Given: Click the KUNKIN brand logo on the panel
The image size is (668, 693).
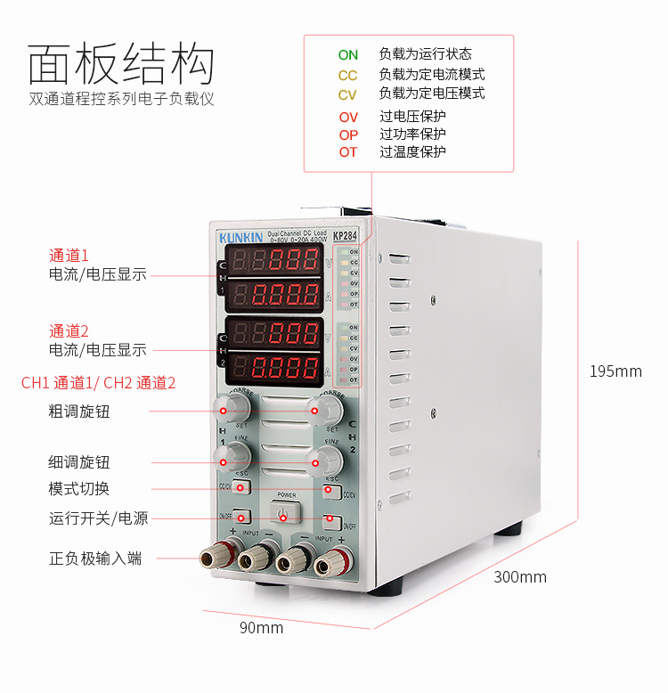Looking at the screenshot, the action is pyautogui.click(x=240, y=238).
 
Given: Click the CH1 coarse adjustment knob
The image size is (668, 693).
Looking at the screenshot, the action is pyautogui.click(x=233, y=409).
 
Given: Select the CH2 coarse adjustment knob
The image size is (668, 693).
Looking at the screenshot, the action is pyautogui.click(x=325, y=409).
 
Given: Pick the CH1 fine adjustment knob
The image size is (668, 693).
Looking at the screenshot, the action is pyautogui.click(x=234, y=458).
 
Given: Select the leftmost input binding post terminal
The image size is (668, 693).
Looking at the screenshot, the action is pyautogui.click(x=214, y=558).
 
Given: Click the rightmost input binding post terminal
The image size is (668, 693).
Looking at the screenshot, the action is pyautogui.click(x=331, y=561).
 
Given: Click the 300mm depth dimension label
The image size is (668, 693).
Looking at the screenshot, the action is pyautogui.click(x=520, y=577).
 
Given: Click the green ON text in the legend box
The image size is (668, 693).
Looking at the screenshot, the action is pyautogui.click(x=347, y=55).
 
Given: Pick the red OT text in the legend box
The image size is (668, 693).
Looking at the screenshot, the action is pyautogui.click(x=347, y=152).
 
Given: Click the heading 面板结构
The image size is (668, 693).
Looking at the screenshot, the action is pyautogui.click(x=121, y=64).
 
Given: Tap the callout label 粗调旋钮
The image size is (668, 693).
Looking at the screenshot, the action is pyautogui.click(x=79, y=412).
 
